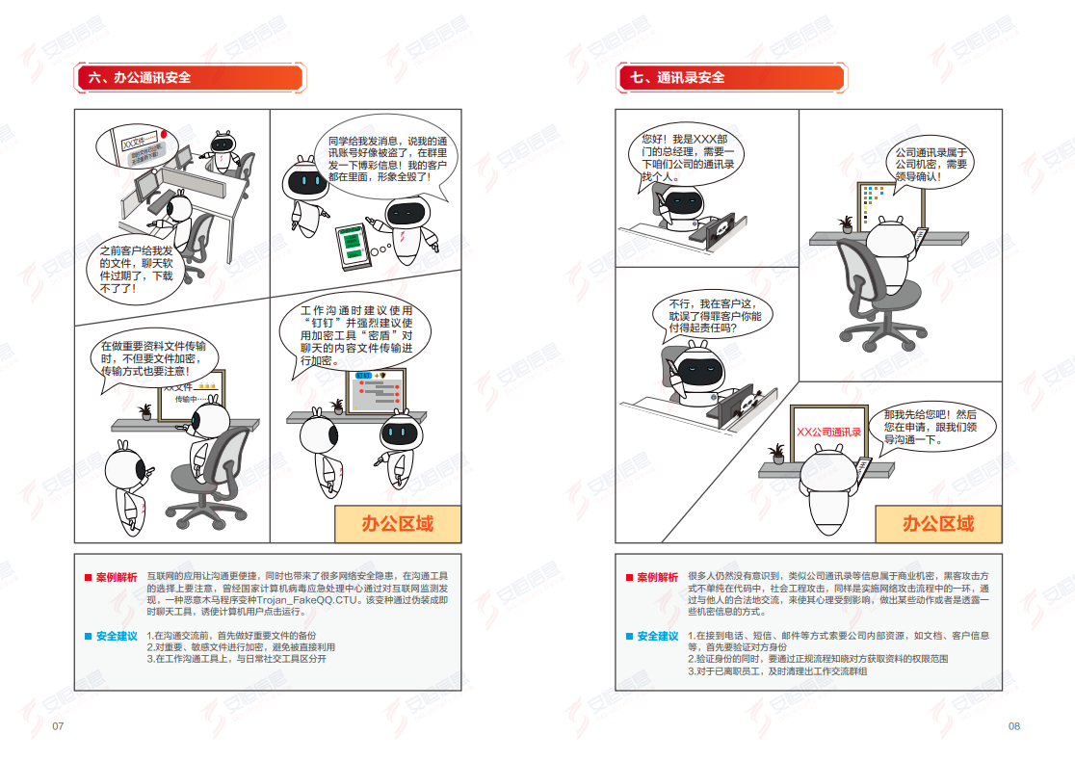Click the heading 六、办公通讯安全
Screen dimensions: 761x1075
coord(140,78)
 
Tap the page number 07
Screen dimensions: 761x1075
coord(58,725)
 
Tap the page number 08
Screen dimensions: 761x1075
coord(1013,725)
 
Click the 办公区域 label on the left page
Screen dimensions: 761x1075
coord(397,524)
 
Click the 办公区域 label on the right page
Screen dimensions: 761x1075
coord(937,524)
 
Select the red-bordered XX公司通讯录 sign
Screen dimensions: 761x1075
coord(827,433)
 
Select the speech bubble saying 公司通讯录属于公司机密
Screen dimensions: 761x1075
coord(931,165)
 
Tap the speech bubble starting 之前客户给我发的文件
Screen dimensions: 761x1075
coord(136,268)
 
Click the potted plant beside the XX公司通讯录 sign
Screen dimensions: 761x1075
coord(776,452)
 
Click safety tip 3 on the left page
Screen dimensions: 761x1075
coord(236,660)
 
